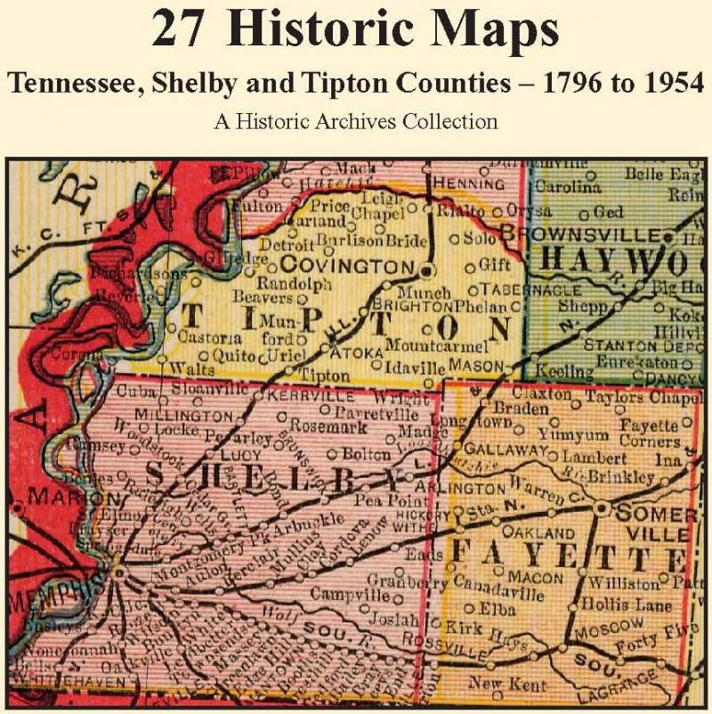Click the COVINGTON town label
tap(348, 266)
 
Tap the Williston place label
tap(623, 584)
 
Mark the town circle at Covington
tap(427, 270)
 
